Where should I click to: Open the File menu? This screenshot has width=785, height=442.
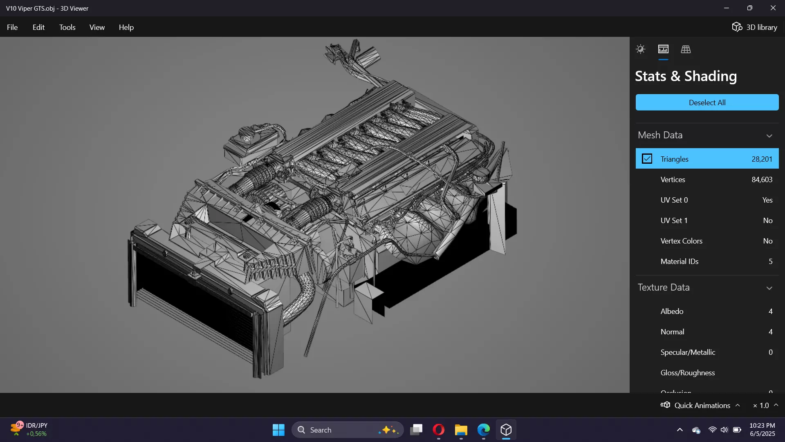[12, 27]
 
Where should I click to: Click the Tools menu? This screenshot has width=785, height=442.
[67, 27]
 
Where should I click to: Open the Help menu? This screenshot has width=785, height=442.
[126, 27]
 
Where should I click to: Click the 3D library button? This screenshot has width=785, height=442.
[754, 27]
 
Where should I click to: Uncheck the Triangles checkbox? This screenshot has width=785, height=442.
[647, 159]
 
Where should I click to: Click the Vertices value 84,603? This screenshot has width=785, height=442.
[762, 180]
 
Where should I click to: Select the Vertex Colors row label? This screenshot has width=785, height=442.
[681, 241]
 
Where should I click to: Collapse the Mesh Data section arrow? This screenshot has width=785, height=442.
[769, 136]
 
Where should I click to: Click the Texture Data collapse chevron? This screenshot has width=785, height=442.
[769, 288]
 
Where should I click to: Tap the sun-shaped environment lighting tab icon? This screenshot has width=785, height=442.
[640, 50]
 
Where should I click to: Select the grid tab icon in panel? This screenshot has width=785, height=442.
[686, 50]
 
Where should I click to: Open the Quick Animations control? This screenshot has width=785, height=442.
[700, 405]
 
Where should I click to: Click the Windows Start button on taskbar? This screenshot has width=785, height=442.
[278, 430]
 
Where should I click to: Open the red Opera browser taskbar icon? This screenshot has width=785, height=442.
[438, 430]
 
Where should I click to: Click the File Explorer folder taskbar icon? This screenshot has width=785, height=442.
[461, 430]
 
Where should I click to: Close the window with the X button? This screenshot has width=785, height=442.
[773, 8]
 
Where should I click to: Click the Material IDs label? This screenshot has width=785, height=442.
[679, 262]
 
